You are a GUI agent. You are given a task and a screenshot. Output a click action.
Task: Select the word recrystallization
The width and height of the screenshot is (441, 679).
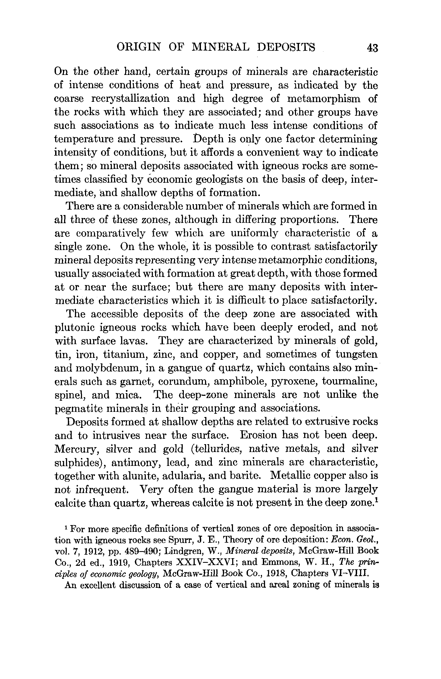[130, 99]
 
